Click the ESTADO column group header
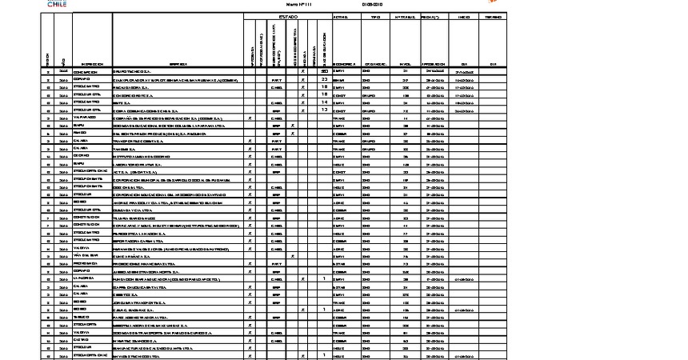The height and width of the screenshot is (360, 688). coord(288,17)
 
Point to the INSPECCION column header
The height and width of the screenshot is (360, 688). coord(91,64)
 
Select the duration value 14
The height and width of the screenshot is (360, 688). coord(324,102)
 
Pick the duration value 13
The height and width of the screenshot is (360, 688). coord(324,110)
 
